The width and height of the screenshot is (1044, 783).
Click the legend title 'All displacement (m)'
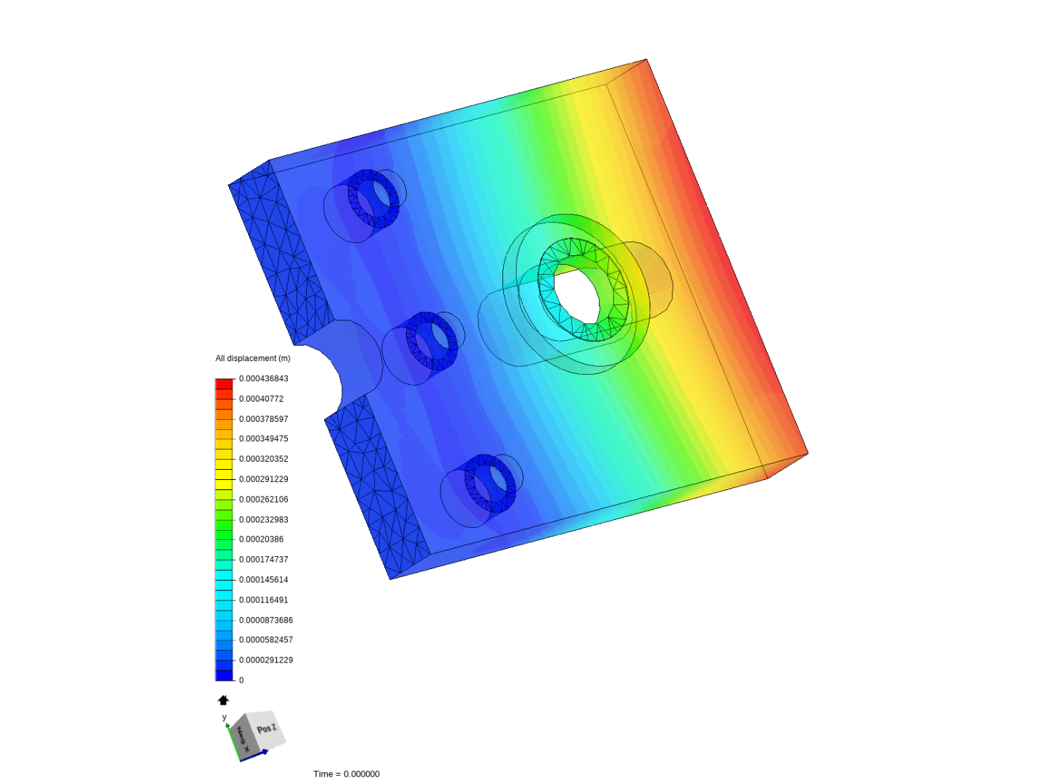(252, 358)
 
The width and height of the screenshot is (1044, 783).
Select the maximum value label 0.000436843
(263, 378)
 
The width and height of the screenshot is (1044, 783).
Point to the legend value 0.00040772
(261, 399)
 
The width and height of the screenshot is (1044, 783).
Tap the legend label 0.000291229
(263, 478)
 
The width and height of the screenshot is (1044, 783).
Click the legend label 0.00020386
(261, 539)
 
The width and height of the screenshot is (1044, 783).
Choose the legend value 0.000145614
(263, 579)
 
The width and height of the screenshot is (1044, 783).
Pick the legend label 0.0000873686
(266, 620)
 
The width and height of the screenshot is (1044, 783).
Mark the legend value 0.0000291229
(266, 660)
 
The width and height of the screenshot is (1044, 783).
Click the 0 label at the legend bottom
(241, 680)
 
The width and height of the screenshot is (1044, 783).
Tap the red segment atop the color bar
(224, 384)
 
